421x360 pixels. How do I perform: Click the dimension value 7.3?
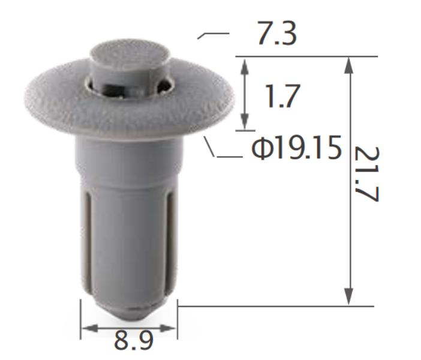point(276,35)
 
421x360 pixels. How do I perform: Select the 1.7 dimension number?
point(281,97)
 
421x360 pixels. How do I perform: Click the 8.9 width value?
point(134,341)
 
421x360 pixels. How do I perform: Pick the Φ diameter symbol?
point(261,148)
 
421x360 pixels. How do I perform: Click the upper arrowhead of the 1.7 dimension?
point(245,62)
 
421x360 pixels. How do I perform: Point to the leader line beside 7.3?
point(212,35)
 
